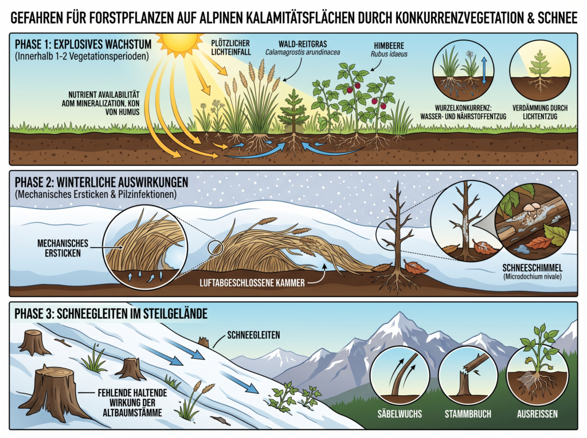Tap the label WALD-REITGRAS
click(303, 44)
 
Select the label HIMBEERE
click(389, 46)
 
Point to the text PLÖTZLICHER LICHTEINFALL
click(230, 48)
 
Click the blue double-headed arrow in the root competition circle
click(484, 70)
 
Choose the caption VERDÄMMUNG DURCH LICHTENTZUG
click(540, 112)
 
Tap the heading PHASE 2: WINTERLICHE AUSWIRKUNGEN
click(101, 182)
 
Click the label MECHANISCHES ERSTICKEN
click(62, 248)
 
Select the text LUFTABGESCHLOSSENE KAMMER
click(252, 282)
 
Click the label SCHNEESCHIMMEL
click(532, 268)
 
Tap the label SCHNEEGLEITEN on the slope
click(253, 335)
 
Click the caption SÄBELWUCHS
click(400, 414)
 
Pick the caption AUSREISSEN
click(537, 414)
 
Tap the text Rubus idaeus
click(389, 54)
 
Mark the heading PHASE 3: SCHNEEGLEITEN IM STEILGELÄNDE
click(111, 313)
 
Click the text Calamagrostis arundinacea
click(303, 52)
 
